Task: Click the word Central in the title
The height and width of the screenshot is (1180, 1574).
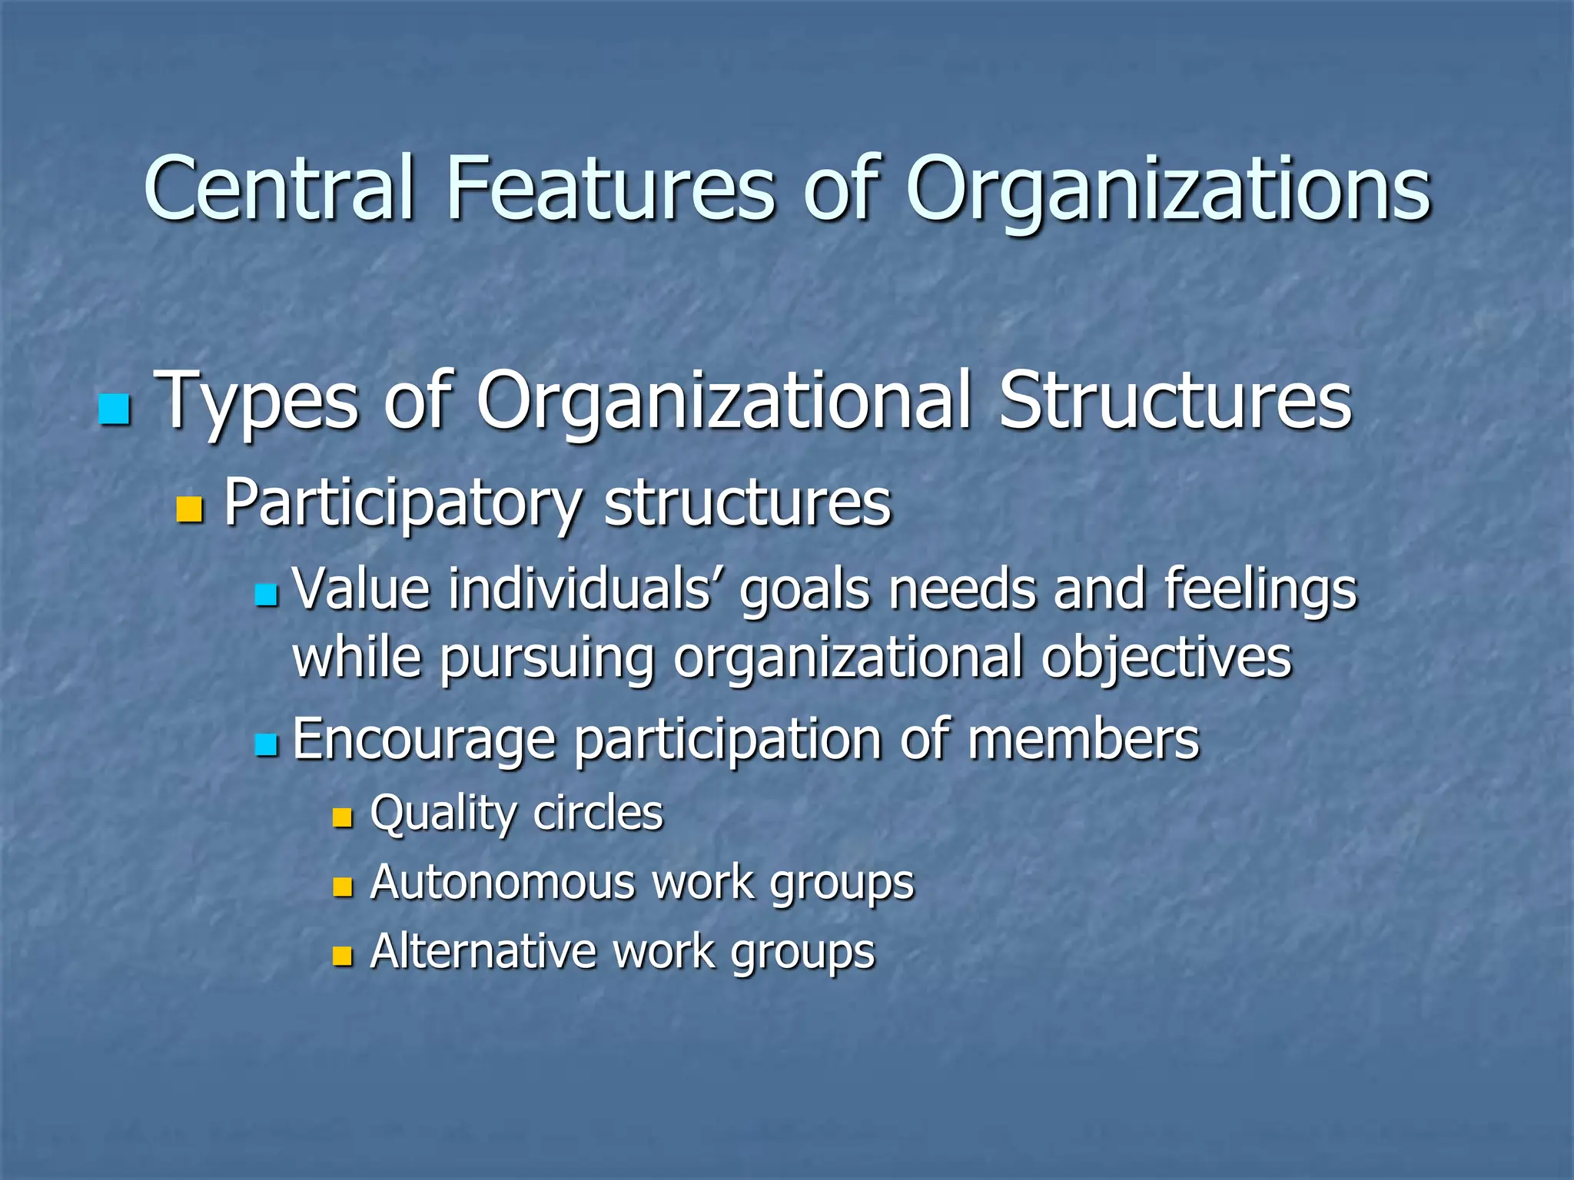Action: click(281, 188)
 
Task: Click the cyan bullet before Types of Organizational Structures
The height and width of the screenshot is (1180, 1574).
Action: click(115, 409)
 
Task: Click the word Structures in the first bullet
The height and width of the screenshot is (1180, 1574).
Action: click(1174, 401)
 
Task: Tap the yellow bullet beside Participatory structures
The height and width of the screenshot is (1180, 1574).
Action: click(189, 509)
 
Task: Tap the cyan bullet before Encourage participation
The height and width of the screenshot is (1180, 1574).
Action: click(266, 744)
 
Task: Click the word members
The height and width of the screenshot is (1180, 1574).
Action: click(1083, 739)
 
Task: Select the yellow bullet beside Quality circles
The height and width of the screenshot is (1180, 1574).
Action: click(342, 817)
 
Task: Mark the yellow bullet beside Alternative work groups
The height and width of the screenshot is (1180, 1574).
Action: click(342, 956)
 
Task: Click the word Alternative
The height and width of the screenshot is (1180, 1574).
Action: click(483, 952)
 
